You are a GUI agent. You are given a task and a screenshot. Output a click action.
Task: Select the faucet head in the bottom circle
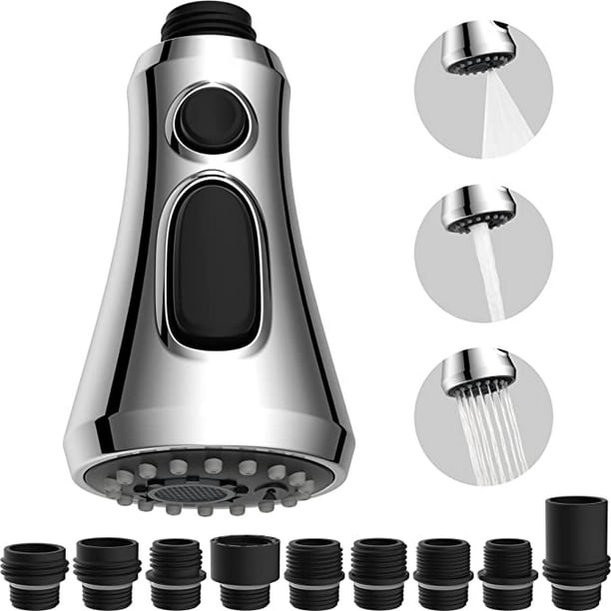479,372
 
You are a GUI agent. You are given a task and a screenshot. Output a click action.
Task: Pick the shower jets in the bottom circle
489,429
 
